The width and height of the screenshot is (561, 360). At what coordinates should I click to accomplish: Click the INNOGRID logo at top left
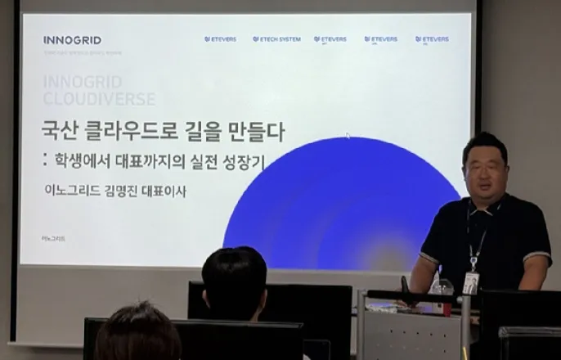pyautogui.click(x=73, y=39)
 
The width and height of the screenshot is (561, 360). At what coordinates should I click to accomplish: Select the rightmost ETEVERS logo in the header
pyautogui.click(x=432, y=39)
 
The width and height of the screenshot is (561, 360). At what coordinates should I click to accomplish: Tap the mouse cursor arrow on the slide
pyautogui.click(x=347, y=136)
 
